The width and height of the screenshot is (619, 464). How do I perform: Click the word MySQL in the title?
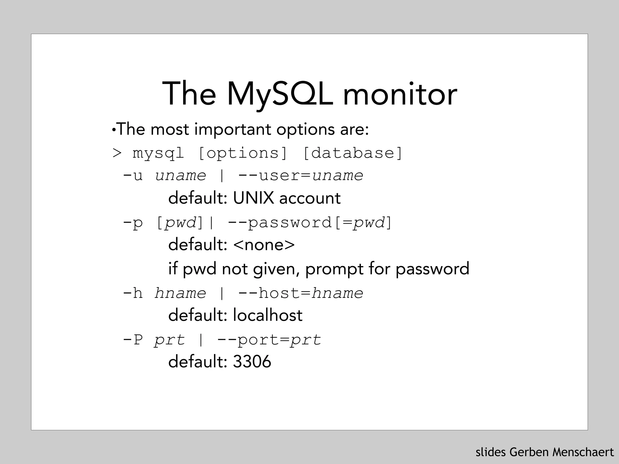click(x=280, y=94)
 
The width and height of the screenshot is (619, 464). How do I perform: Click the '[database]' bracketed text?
click(x=352, y=153)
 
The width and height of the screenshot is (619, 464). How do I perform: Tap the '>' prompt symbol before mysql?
click(x=117, y=153)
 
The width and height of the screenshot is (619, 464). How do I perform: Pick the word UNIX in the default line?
click(x=253, y=198)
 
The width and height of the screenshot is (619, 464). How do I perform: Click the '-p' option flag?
click(x=133, y=223)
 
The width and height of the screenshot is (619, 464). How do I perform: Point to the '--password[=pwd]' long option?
click(x=309, y=223)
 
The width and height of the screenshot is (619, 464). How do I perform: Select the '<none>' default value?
click(x=264, y=245)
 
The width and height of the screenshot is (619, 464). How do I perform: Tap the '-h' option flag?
click(x=133, y=293)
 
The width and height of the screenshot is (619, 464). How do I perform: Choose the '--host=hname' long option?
click(x=300, y=293)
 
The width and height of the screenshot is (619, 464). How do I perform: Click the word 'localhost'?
click(x=267, y=315)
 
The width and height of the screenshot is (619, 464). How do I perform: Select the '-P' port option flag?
click(x=133, y=340)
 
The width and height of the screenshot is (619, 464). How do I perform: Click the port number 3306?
click(x=252, y=362)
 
